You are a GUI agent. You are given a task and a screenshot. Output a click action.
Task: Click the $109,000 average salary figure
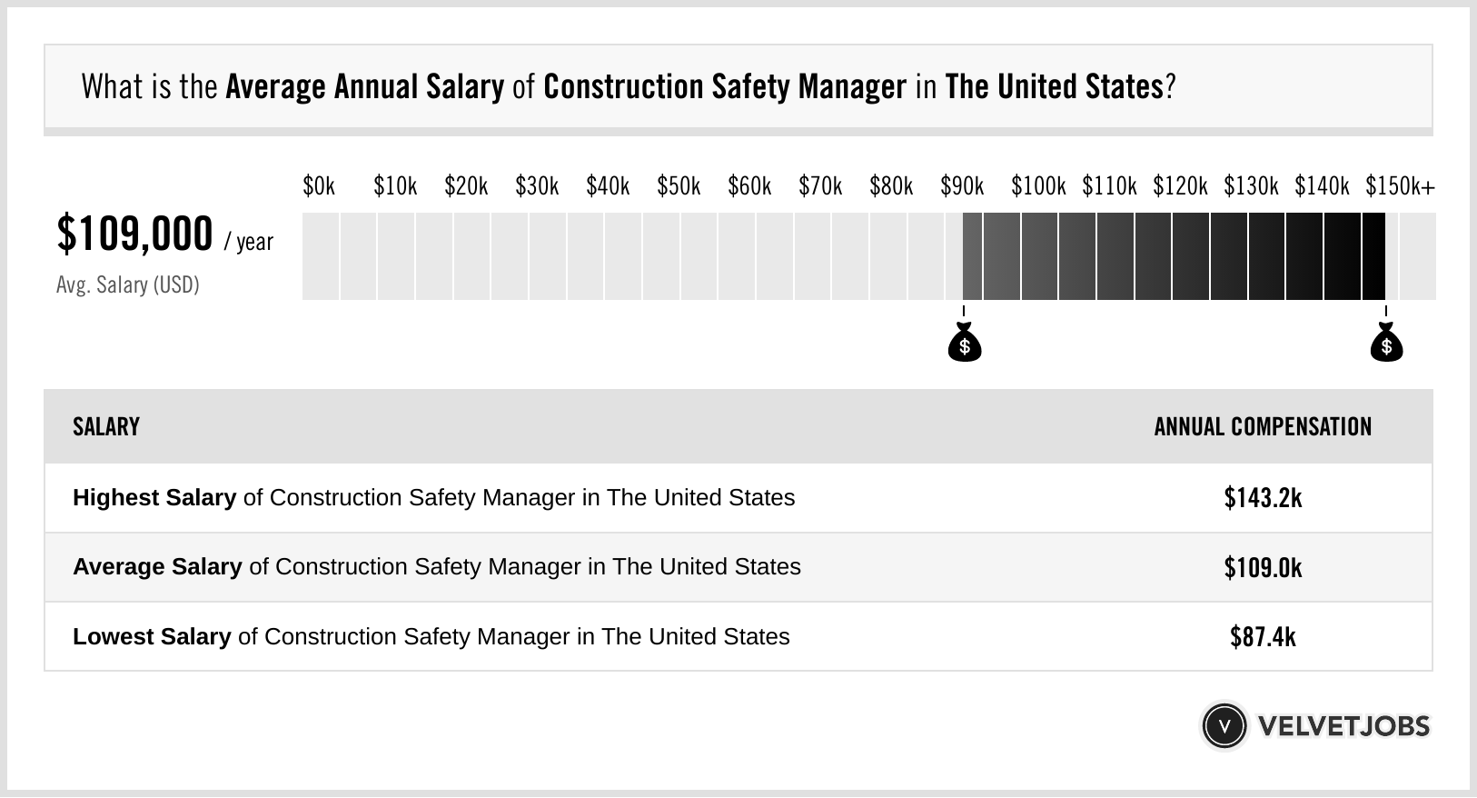point(134,234)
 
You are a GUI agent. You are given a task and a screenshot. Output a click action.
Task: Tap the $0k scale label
point(319,186)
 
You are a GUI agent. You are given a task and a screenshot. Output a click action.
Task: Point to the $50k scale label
point(679,186)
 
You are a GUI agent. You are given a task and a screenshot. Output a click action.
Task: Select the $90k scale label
point(962,186)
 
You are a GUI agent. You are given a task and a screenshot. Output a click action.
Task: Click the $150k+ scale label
point(1400,186)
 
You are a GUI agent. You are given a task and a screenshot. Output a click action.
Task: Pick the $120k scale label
point(1180,186)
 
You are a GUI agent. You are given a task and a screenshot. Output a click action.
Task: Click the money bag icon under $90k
point(964,343)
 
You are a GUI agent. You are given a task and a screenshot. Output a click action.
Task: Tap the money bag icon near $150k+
point(1386,343)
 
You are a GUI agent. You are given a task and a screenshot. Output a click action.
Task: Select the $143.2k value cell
point(1263,498)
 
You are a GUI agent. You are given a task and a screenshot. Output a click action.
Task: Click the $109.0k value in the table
point(1263,568)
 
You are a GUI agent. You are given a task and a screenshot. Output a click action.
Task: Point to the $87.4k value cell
point(1263,637)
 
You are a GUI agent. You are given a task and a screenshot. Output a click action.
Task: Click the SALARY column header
point(106,427)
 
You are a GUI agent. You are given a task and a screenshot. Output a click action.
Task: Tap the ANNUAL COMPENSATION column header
point(1263,427)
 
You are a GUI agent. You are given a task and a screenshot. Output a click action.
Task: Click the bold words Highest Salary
point(154,498)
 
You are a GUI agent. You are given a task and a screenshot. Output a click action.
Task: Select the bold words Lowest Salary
point(152,637)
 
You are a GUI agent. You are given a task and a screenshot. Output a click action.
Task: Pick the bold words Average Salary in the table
point(157,567)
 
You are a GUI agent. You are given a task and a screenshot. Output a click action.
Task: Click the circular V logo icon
point(1224,726)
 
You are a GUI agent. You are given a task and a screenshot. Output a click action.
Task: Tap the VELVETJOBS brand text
point(1343,726)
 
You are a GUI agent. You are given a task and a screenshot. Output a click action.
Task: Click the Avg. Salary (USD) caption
point(128,285)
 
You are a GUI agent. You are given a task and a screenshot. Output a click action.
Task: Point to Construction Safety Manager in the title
point(724,87)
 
